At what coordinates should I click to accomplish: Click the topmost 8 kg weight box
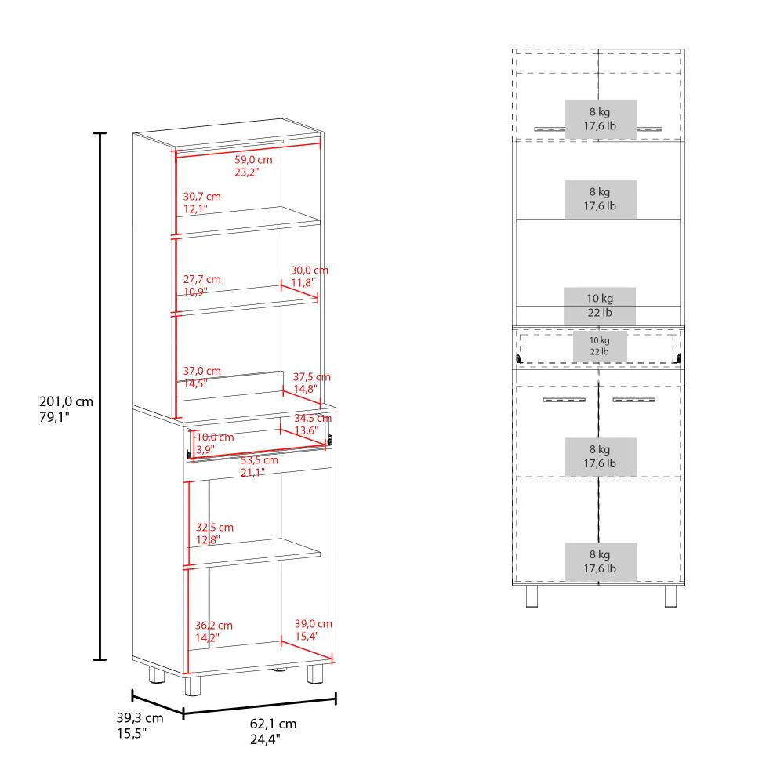point(600,119)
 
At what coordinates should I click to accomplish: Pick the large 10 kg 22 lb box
point(600,305)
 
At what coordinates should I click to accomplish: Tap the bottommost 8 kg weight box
point(600,561)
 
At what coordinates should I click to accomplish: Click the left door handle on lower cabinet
point(564,401)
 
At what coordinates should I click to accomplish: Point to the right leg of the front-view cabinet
point(671,597)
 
